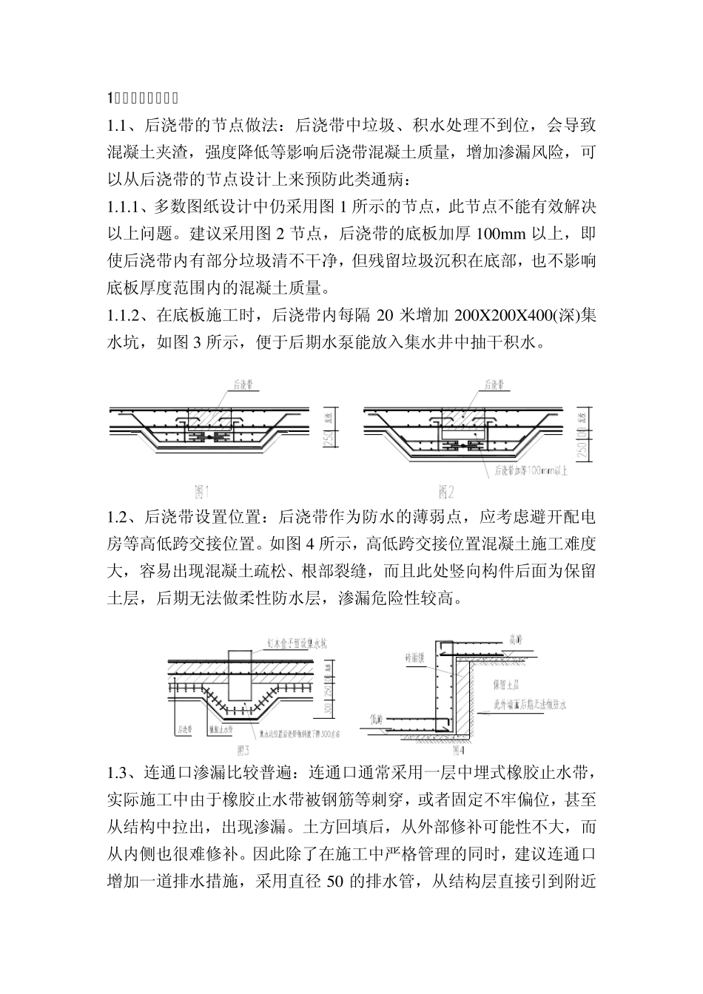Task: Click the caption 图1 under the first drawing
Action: pos(203,491)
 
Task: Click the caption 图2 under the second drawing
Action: pos(445,491)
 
